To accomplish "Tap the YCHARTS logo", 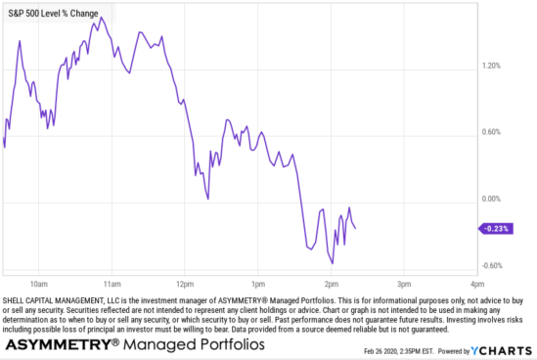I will [x=504, y=349].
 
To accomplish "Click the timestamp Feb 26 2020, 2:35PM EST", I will [x=396, y=350].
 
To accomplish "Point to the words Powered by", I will [x=453, y=350].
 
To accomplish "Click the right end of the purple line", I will [x=356, y=229].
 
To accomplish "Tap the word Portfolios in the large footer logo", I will [x=224, y=345].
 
